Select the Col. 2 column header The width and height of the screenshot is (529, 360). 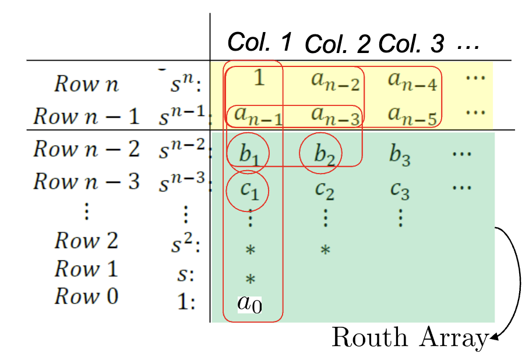337,44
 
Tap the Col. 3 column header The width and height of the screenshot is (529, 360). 411,44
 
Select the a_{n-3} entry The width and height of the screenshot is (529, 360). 335,115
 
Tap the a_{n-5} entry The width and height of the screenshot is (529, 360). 412,117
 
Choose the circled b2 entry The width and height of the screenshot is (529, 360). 321,154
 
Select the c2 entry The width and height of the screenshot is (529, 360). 325,189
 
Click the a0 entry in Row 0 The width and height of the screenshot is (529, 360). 249,303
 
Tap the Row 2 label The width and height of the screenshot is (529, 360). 86,240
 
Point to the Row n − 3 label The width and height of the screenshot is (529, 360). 86,182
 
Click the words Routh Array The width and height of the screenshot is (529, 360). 409,338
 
